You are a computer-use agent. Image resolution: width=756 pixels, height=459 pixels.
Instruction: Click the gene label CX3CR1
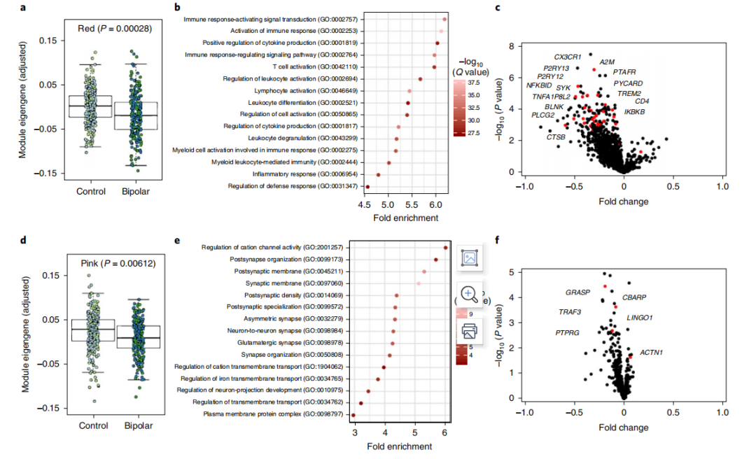pyautogui.click(x=567, y=57)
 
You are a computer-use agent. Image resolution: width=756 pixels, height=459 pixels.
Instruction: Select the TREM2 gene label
pyautogui.click(x=629, y=93)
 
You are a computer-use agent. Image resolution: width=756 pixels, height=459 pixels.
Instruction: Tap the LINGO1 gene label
pyautogui.click(x=639, y=318)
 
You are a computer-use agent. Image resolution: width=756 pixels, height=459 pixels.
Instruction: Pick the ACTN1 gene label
pyautogui.click(x=652, y=352)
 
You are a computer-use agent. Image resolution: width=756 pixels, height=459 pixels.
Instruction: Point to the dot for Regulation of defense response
pyautogui.click(x=367, y=187)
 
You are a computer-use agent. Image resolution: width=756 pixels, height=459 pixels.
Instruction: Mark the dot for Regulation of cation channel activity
pyautogui.click(x=445, y=248)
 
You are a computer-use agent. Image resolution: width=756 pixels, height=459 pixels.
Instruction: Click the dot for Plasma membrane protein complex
pyautogui.click(x=353, y=416)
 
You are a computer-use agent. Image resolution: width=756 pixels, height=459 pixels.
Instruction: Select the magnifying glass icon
pyautogui.click(x=469, y=294)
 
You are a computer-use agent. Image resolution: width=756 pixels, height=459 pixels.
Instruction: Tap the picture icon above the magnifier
pyautogui.click(x=469, y=258)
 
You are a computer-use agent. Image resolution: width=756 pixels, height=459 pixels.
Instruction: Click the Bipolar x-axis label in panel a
pyautogui.click(x=137, y=191)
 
